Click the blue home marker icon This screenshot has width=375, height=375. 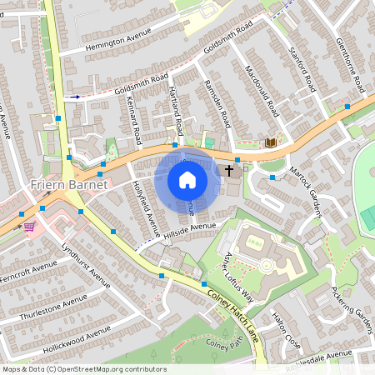[187, 179]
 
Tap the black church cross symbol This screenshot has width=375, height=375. [230, 171]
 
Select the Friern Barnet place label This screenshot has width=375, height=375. [68, 184]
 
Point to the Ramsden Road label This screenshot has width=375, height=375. [215, 105]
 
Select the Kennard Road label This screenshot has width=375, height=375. [133, 118]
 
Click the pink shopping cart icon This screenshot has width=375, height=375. [29, 225]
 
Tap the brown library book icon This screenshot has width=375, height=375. [270, 143]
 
